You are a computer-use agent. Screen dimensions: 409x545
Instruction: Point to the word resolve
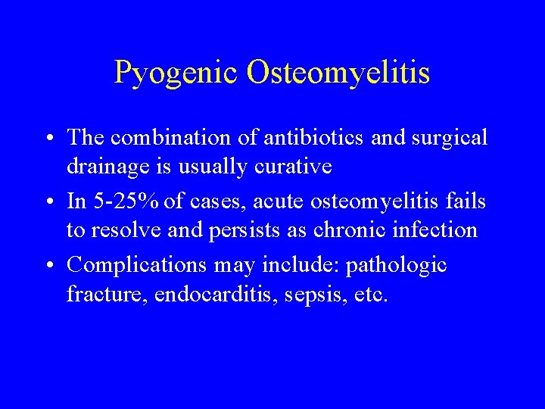point(123,230)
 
